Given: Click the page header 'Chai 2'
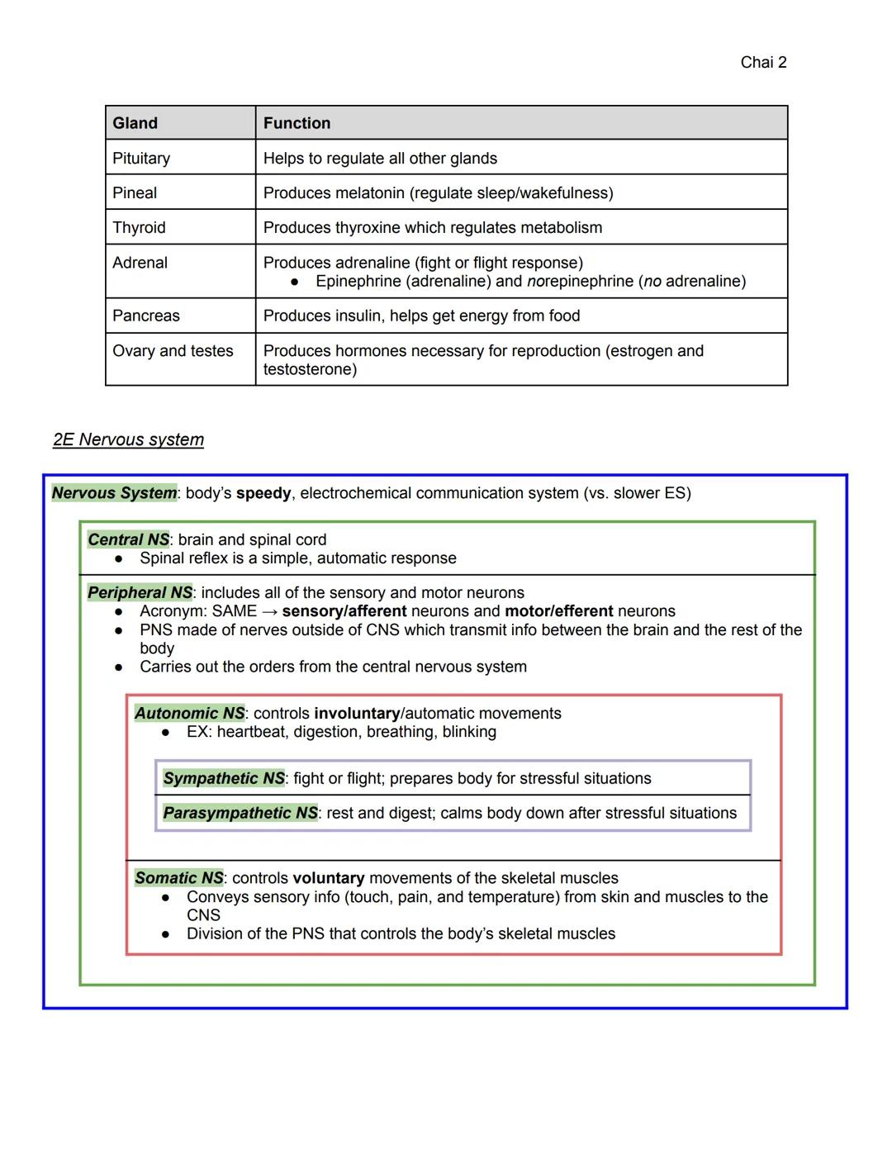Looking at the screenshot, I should click(763, 63).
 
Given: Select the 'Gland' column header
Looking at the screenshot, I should click(135, 123).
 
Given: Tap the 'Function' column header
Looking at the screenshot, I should click(297, 123).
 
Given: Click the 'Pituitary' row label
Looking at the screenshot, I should click(141, 158).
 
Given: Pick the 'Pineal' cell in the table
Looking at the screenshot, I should click(135, 192).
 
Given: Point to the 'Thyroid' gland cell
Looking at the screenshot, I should click(139, 227).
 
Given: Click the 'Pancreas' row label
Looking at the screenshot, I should click(145, 316).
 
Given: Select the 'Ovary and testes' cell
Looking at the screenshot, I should click(173, 350).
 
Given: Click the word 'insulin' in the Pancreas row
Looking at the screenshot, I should click(356, 316).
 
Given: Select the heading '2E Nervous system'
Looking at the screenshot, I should click(128, 439).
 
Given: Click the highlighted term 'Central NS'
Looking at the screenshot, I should click(128, 539).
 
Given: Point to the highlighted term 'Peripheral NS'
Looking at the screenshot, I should click(140, 592).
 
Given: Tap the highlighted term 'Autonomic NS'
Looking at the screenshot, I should click(189, 713).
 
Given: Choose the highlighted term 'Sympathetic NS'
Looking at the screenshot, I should click(224, 778).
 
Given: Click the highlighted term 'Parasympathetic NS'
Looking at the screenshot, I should click(240, 813).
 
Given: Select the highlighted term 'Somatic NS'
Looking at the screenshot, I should click(179, 877).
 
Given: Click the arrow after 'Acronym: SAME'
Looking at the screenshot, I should click(269, 611).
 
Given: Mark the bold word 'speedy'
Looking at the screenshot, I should click(263, 493).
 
